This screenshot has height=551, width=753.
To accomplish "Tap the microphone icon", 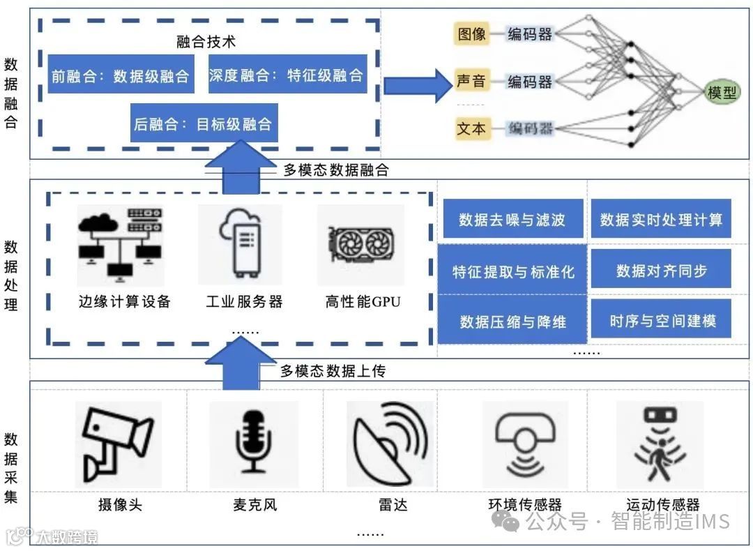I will [x=254, y=444].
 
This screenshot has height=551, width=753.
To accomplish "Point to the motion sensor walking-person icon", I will [x=660, y=444].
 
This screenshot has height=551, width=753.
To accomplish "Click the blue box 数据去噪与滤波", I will [x=512, y=220].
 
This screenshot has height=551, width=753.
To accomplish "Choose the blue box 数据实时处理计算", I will [x=661, y=220].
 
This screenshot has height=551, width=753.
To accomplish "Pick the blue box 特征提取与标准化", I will [x=512, y=272].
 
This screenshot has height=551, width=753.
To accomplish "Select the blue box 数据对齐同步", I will [x=661, y=271].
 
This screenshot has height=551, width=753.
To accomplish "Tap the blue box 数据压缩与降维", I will [x=512, y=322].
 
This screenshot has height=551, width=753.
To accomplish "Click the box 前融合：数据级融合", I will [x=121, y=75].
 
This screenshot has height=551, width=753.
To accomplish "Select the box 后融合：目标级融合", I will [x=204, y=125].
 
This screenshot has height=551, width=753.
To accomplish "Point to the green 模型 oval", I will [x=722, y=92].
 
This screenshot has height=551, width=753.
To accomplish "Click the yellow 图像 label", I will [x=472, y=33].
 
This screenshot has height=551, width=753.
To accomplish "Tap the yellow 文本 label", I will [x=472, y=128].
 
